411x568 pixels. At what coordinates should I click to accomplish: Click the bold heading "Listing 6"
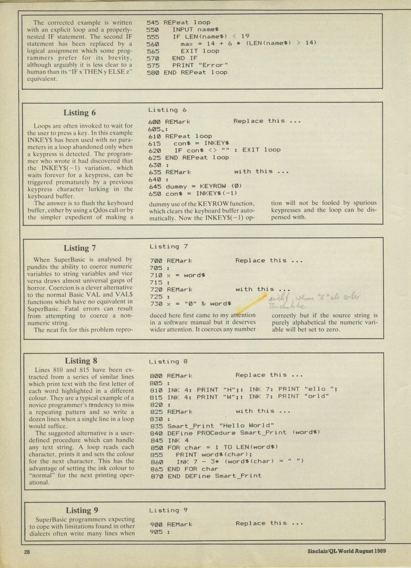pos(80,113)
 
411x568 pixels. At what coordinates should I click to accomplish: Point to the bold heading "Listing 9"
pos(82,510)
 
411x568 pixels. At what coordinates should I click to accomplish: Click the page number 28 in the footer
pos(27,552)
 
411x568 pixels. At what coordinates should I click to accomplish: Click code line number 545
pos(152,22)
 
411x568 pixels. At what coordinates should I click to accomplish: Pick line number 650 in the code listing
pos(155,193)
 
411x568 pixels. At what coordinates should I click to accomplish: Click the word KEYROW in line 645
pos(212,186)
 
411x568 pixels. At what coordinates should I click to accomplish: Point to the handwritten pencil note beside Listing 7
pos(313,302)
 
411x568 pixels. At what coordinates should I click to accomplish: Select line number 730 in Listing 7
pos(156,304)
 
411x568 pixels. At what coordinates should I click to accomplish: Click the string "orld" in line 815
pos(316,396)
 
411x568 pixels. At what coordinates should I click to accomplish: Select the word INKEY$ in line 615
pos(217,143)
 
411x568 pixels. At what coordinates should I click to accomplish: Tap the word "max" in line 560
pos(186,44)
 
